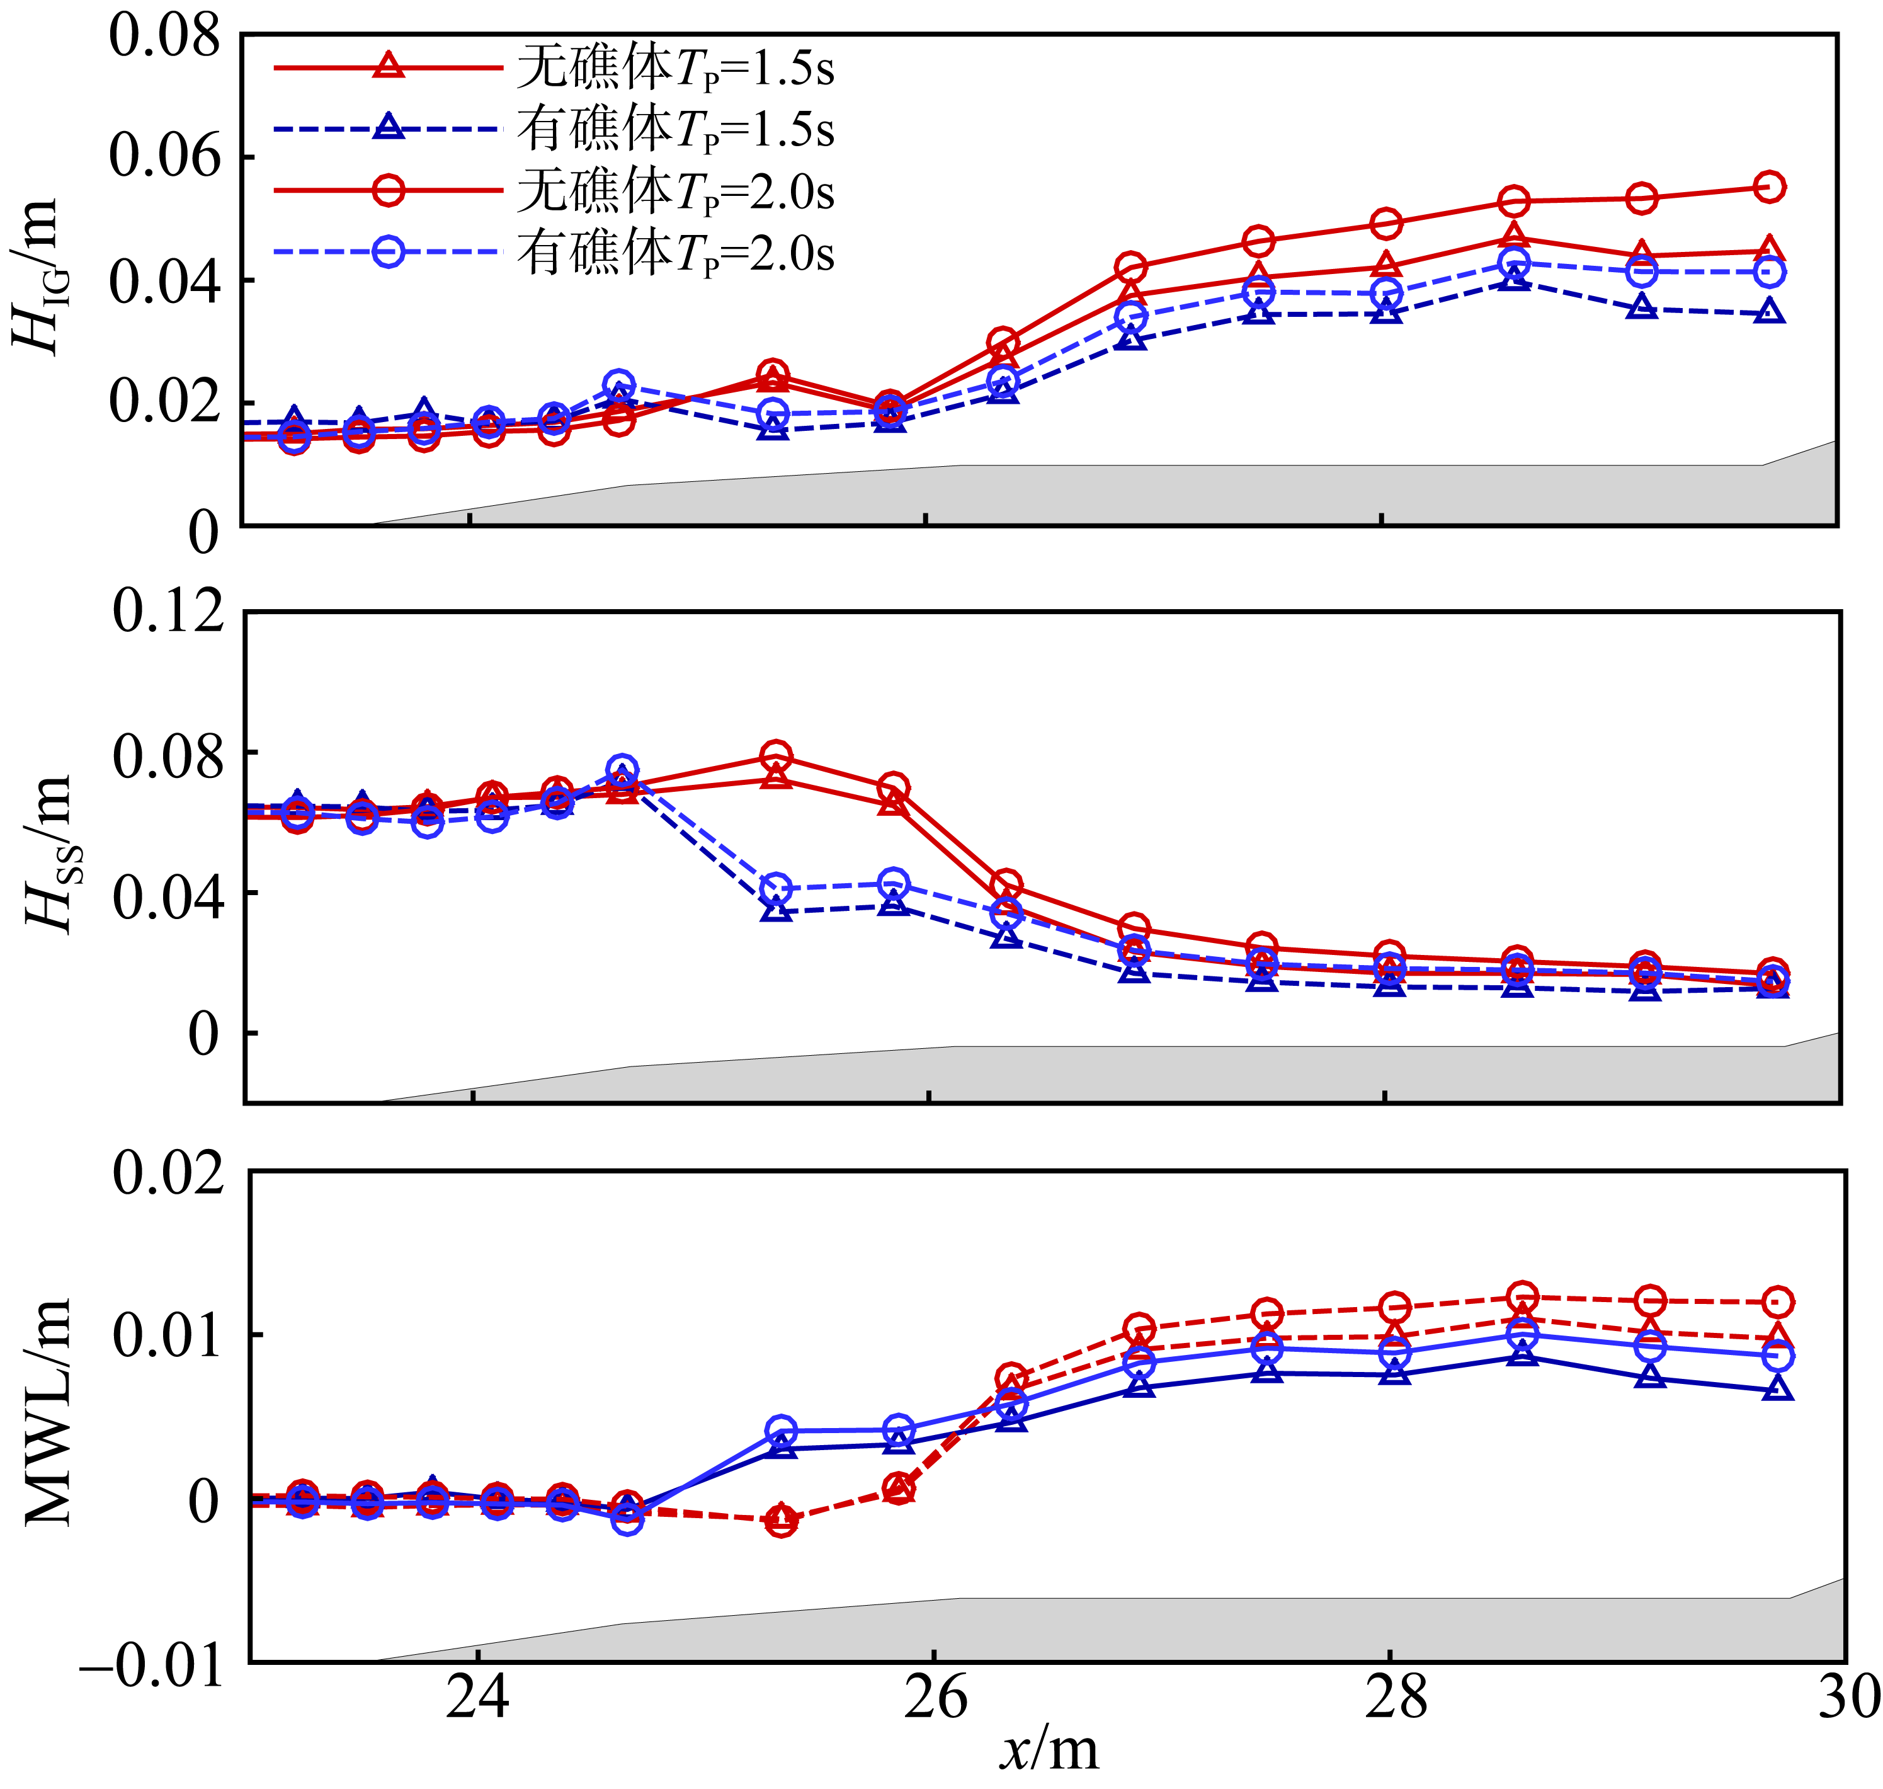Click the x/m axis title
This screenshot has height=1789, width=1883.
pos(1049,1751)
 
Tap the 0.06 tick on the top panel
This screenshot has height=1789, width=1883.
pos(164,156)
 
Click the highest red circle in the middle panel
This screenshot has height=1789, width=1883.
pos(776,756)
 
